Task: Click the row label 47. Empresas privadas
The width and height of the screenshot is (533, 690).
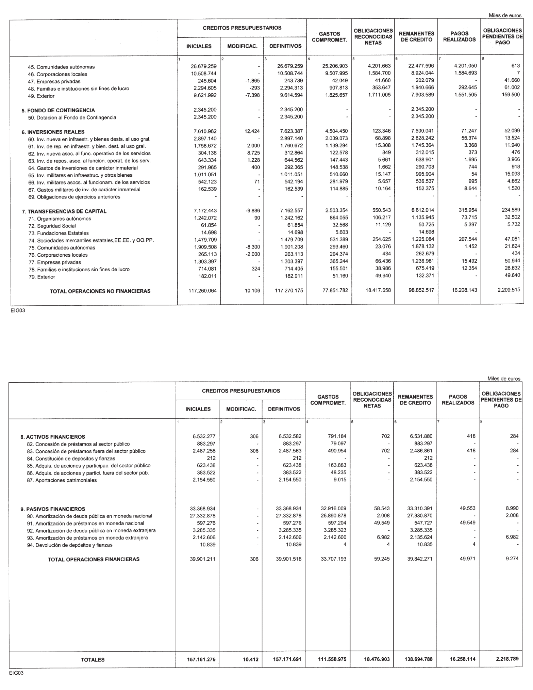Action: click(54, 82)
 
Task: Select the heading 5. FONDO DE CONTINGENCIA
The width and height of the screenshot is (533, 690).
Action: click(58, 110)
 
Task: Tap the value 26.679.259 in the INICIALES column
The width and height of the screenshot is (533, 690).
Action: click(203, 66)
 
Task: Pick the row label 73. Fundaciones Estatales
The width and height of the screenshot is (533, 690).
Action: click(58, 233)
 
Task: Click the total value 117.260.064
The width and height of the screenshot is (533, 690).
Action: click(202, 291)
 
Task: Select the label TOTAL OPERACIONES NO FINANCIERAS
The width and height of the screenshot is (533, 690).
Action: click(100, 291)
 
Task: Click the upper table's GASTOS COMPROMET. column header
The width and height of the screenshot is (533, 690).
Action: click(329, 37)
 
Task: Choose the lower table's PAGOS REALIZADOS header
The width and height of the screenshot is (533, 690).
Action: click(458, 400)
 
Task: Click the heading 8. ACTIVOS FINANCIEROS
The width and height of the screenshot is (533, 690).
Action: click(53, 437)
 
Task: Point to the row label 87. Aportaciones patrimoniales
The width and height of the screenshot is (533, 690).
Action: click(62, 480)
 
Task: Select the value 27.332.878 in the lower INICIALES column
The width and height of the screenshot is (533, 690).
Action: click(202, 516)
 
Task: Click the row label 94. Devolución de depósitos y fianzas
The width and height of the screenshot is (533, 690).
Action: click(69, 545)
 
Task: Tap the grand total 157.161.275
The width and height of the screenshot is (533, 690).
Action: click(201, 659)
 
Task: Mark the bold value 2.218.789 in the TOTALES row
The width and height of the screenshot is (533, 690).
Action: click(507, 659)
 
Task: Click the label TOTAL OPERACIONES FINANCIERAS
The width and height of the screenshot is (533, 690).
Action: click(94, 559)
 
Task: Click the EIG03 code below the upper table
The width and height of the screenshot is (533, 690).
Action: click(17, 310)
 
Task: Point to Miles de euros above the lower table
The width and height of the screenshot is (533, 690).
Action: click(504, 379)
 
